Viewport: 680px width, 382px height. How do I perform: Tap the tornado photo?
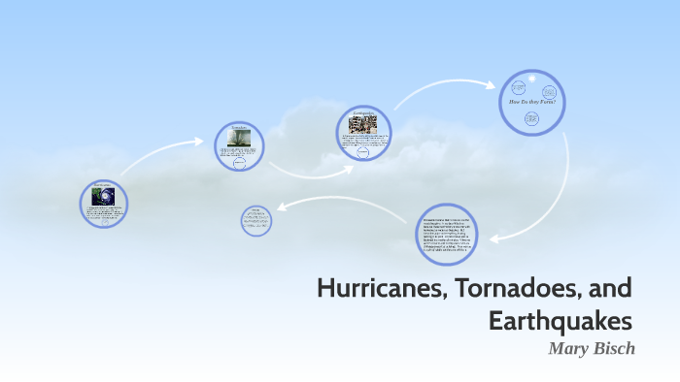click(239, 139)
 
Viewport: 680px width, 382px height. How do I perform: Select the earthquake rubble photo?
click(362, 124)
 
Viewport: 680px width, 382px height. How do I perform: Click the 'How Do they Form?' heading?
click(531, 101)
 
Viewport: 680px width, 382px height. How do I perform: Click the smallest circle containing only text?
click(256, 219)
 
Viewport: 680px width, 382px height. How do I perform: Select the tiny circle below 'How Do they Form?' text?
click(531, 118)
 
